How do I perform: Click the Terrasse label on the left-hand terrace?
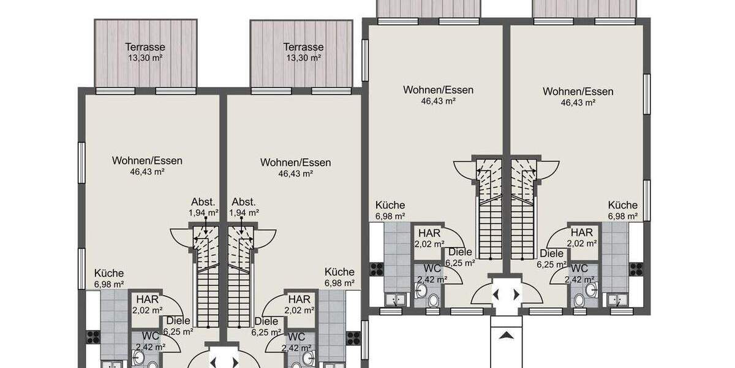click(145, 47)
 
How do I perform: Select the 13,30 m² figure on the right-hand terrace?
click(303, 58)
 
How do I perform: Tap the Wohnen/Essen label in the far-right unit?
click(578, 92)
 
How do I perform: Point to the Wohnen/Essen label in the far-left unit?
click(147, 161)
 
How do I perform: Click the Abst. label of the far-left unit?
click(203, 202)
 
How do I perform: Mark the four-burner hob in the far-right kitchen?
click(636, 269)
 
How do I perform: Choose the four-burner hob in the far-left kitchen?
click(93, 337)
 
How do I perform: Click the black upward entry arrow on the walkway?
click(505, 335)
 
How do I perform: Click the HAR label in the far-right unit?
click(581, 232)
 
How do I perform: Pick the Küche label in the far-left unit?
click(109, 274)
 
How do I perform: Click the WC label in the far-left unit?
click(151, 337)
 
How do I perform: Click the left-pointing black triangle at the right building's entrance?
click(497, 294)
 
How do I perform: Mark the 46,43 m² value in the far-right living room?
click(578, 103)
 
